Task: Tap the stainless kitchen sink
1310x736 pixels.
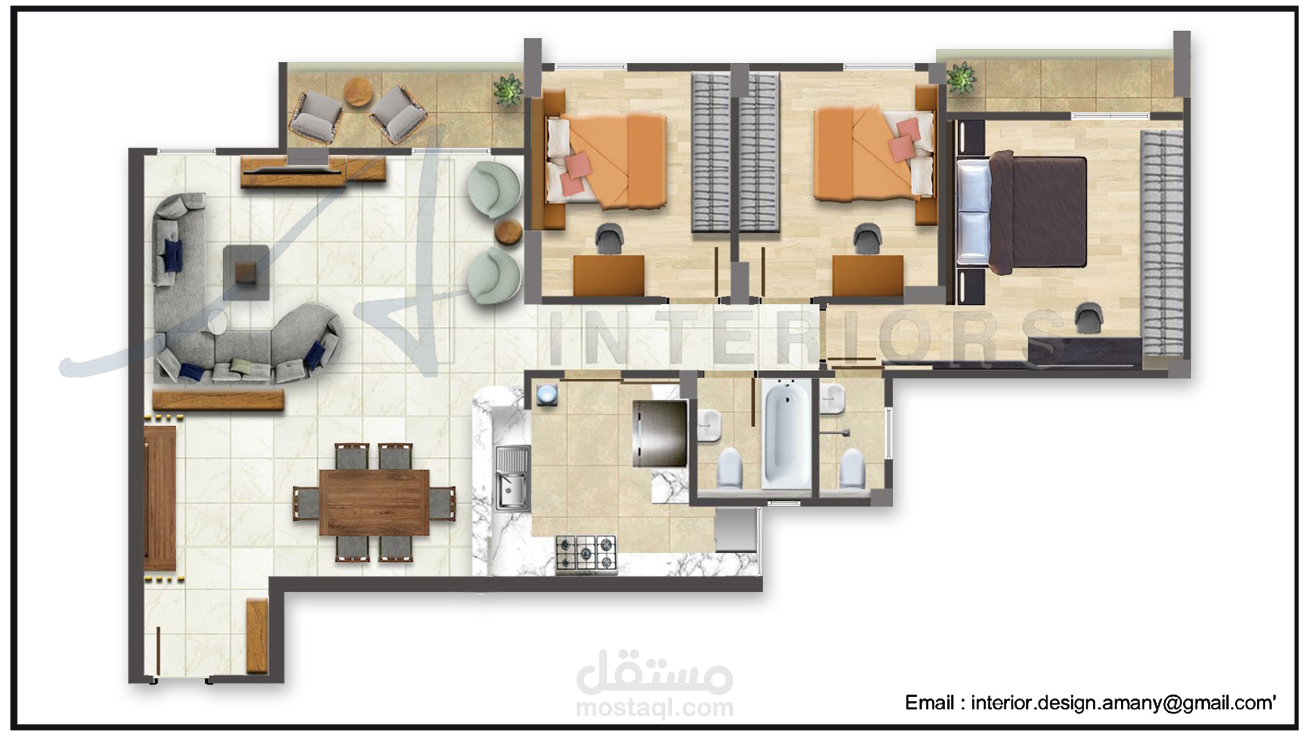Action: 512,478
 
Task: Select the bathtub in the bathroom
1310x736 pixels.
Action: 786,434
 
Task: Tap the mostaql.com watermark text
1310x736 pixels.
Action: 654,708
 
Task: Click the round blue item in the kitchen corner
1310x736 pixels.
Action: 547,395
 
